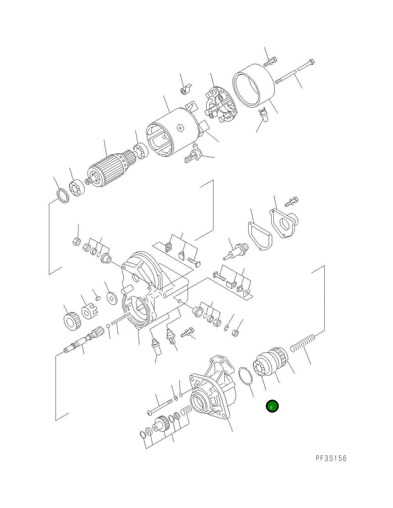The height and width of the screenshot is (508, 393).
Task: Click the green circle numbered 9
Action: (x=272, y=406)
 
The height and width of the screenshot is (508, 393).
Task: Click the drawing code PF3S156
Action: (x=331, y=458)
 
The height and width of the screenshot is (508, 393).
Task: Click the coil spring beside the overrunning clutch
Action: (x=302, y=342)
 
